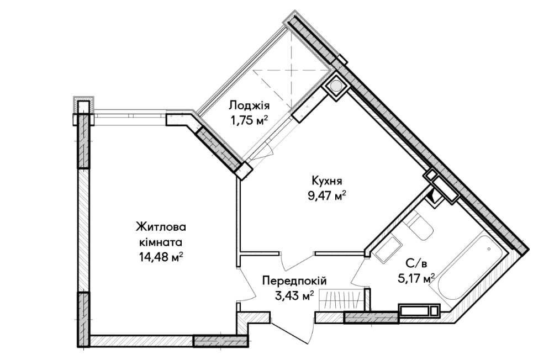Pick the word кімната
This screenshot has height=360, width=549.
pos(161,241)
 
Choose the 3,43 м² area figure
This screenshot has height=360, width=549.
pos(294,295)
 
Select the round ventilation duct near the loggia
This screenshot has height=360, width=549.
pos(336,87)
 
